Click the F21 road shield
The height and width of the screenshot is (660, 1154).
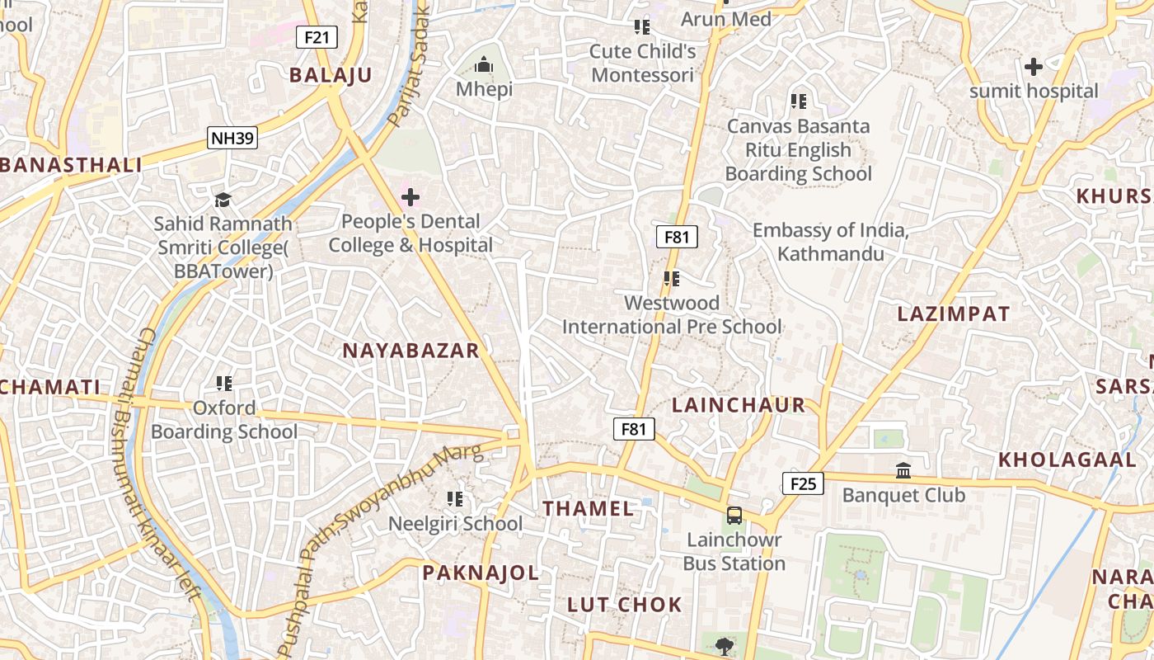pyautogui.click(x=317, y=37)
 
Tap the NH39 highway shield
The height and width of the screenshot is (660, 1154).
pyautogui.click(x=232, y=138)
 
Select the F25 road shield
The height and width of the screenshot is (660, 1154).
pyautogui.click(x=802, y=483)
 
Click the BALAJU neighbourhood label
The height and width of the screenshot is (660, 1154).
pyautogui.click(x=331, y=75)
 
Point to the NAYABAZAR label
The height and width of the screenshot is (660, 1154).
pyautogui.click(x=410, y=351)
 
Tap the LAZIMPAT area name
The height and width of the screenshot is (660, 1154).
pyautogui.click(x=953, y=314)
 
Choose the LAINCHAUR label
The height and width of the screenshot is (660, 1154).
pyautogui.click(x=739, y=405)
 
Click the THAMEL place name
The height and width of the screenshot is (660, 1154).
pyautogui.click(x=589, y=508)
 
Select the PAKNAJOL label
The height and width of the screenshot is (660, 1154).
pyautogui.click(x=481, y=573)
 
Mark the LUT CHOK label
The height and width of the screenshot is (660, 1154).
pyautogui.click(x=625, y=605)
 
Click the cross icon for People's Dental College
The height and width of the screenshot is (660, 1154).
pyautogui.click(x=410, y=197)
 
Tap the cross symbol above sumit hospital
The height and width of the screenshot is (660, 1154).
pyautogui.click(x=1033, y=67)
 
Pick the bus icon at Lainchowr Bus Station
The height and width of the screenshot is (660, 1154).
pyautogui.click(x=734, y=516)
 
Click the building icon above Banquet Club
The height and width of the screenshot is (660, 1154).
pyautogui.click(x=903, y=471)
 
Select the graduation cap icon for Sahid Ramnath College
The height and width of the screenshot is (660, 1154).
pyautogui.click(x=223, y=200)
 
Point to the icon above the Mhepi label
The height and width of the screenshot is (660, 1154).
pyautogui.click(x=484, y=64)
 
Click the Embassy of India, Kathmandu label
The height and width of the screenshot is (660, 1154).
pyautogui.click(x=830, y=242)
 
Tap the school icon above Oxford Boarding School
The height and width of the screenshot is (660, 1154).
pyautogui.click(x=223, y=384)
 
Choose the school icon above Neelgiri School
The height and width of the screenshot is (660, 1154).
pyautogui.click(x=454, y=499)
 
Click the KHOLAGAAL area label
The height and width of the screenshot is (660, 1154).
pyautogui.click(x=1067, y=460)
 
